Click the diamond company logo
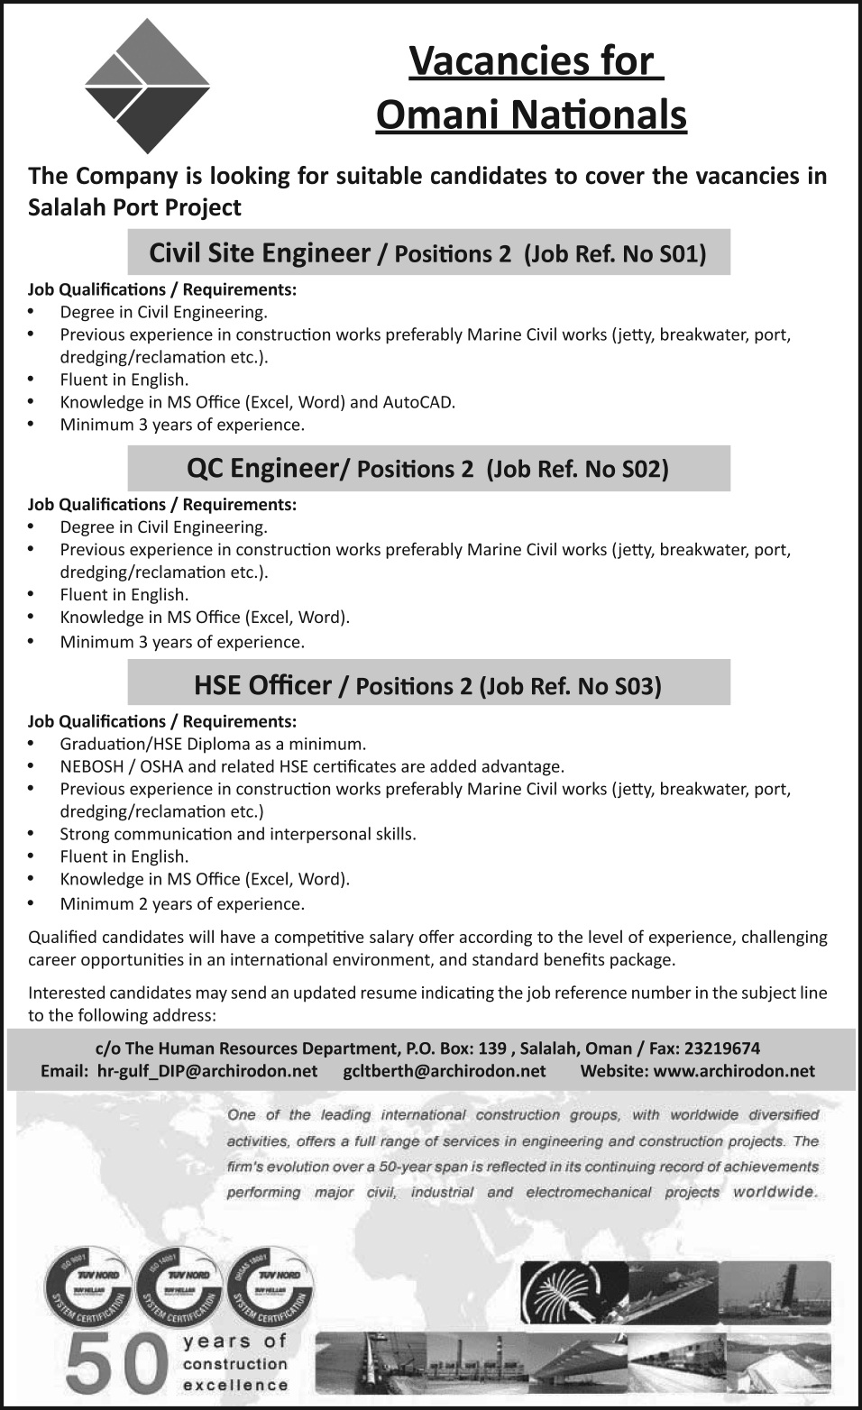click(147, 87)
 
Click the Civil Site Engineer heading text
click(260, 253)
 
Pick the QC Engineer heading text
click(261, 469)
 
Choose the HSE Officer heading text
click(262, 686)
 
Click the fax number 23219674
click(721, 1048)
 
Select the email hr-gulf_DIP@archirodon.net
click(206, 1071)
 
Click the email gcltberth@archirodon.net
click(445, 1071)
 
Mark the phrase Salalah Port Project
click(135, 207)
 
